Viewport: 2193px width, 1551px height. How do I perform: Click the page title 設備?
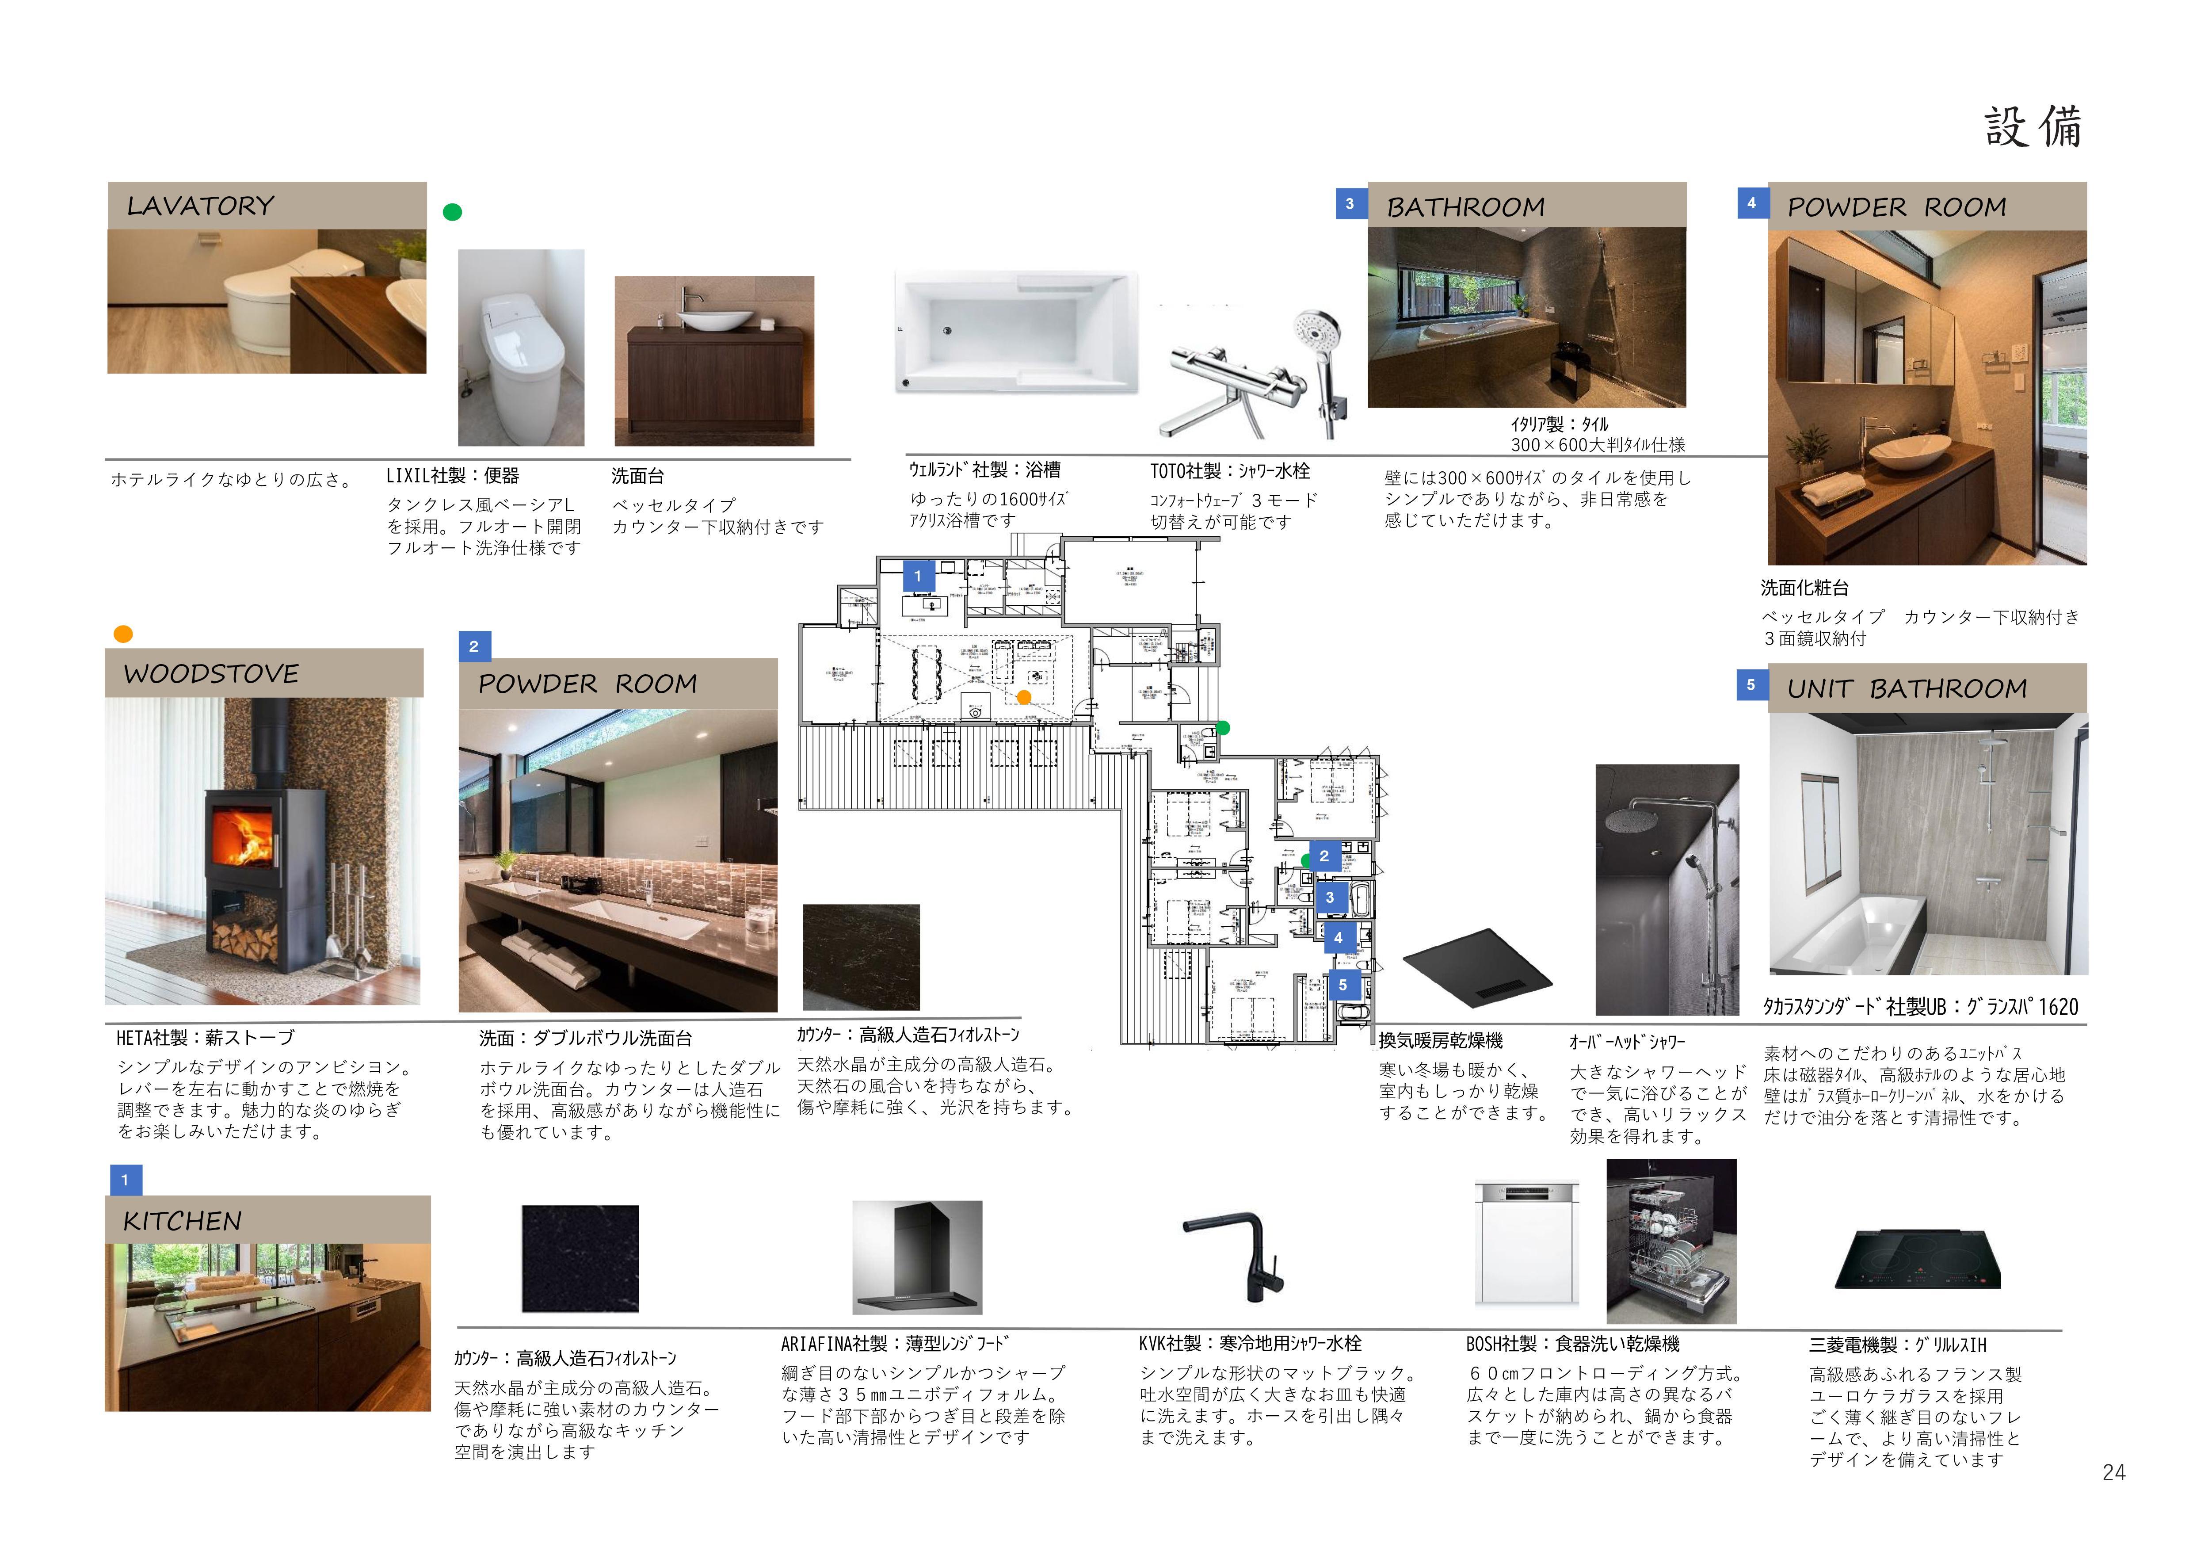pos(2033,127)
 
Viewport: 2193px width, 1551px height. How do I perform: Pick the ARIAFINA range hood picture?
pos(917,1257)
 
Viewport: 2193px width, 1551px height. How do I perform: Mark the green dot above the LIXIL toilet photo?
pos(453,212)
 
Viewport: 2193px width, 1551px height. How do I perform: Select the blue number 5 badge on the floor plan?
pos(1343,985)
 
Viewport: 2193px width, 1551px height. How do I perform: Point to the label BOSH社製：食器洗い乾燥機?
pos(1572,1344)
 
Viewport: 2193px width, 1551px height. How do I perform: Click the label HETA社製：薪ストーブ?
pos(206,1037)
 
